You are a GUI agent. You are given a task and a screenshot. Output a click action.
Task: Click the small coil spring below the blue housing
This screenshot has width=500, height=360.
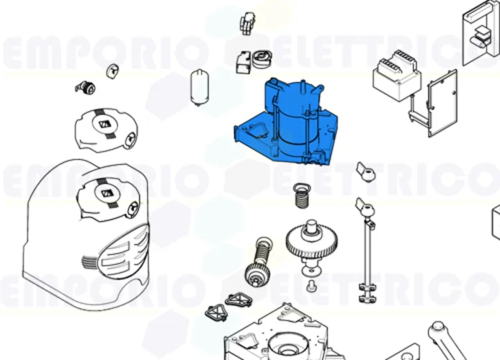(x=302, y=195)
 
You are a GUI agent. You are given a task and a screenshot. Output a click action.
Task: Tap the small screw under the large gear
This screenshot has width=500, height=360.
(x=311, y=287)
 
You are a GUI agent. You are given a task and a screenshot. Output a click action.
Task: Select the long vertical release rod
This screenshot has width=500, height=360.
(x=367, y=252)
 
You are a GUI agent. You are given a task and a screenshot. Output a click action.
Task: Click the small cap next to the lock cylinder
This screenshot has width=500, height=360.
(x=112, y=70)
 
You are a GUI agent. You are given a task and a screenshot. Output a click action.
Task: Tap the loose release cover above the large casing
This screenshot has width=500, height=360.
(x=107, y=130)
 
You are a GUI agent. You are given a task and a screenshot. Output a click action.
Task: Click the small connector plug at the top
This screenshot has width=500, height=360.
(x=249, y=22)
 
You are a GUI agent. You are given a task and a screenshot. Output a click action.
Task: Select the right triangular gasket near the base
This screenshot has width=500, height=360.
(x=237, y=300)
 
